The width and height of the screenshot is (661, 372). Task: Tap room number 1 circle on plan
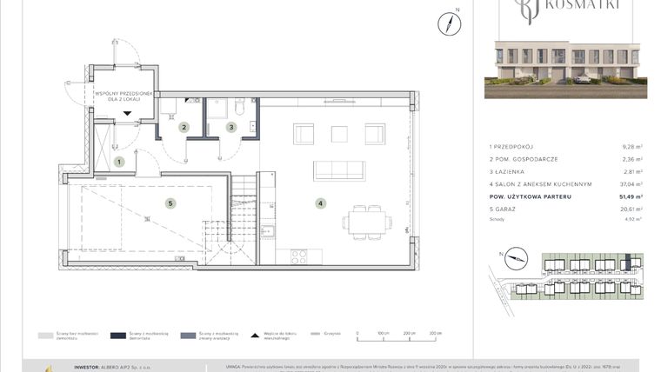pos(120,162)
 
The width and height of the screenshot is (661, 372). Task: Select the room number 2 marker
pos(184,128)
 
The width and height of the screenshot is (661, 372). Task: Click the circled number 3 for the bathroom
pos(231,128)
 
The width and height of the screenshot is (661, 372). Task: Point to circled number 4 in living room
pos(321,203)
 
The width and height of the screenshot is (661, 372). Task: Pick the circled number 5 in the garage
pos(170,203)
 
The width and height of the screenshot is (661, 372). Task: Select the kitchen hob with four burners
pos(298,256)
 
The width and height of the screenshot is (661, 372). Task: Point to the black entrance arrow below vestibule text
pos(127,112)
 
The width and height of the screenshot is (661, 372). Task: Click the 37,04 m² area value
pos(631,184)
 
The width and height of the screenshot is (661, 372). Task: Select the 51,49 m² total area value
pos(631,196)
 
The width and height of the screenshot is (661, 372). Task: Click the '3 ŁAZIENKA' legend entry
pos(507,172)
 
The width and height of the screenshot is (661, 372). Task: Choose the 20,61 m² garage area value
pos(631,209)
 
